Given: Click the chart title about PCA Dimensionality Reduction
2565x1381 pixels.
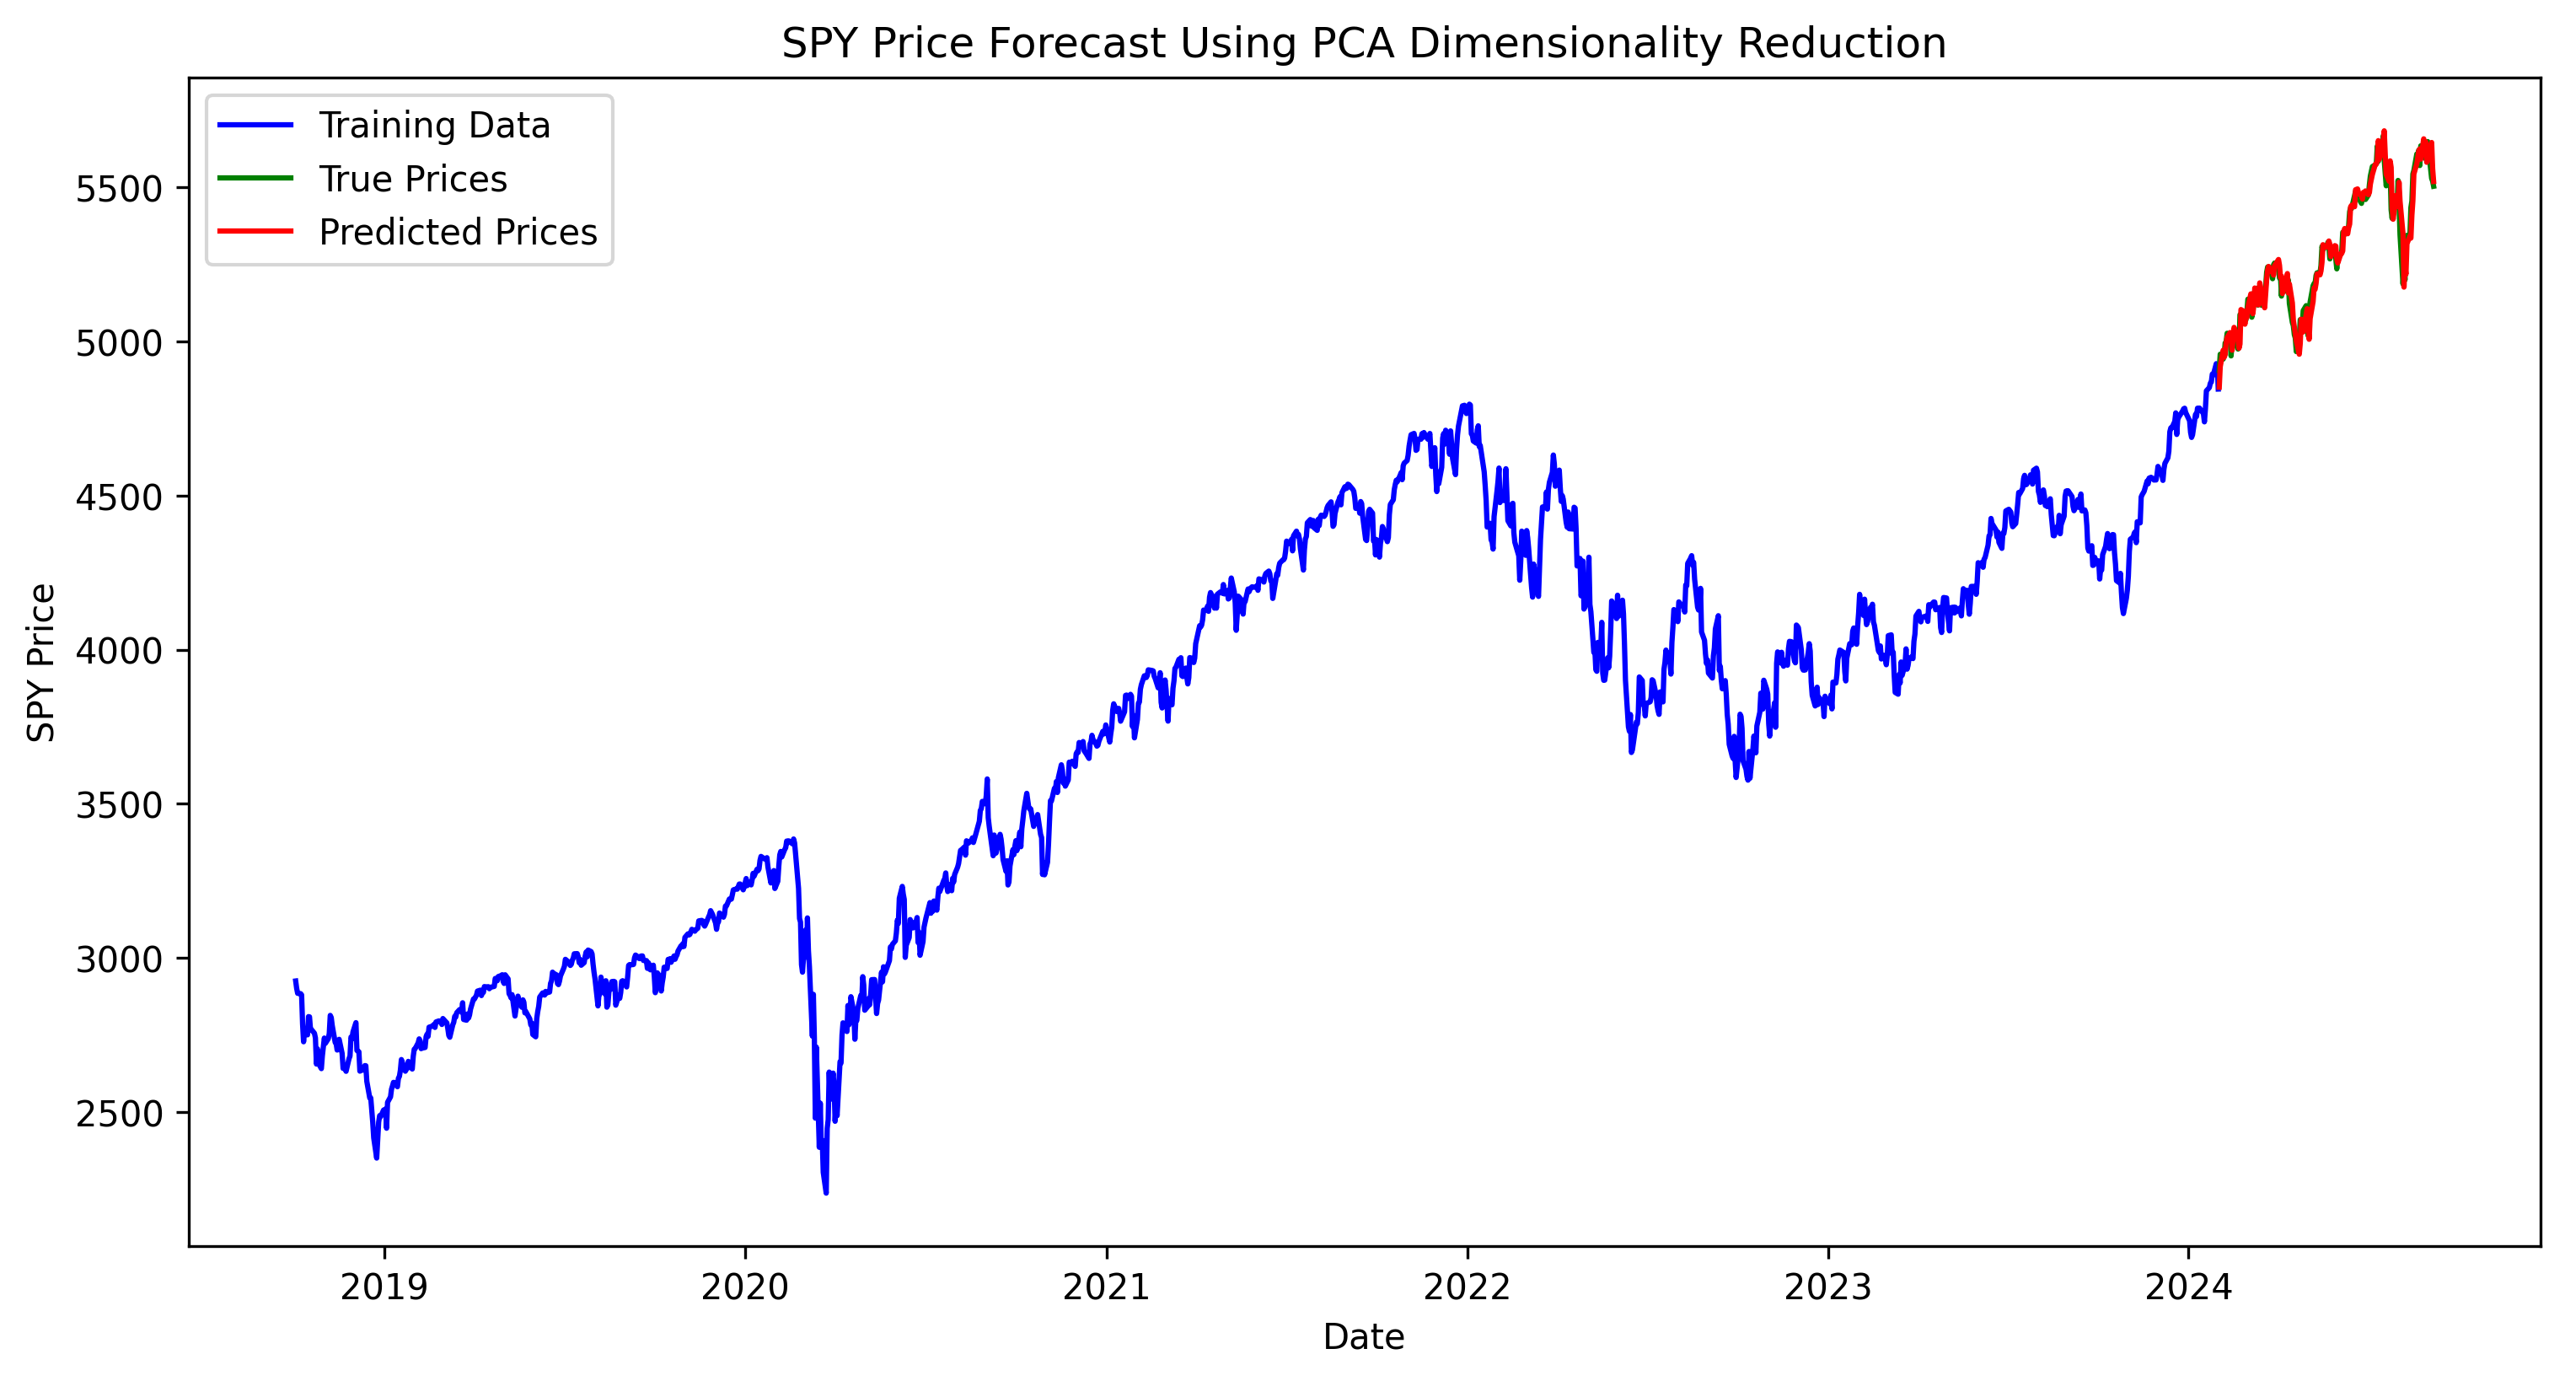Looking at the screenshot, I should tap(1363, 44).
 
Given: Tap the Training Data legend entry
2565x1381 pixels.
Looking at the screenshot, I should tap(433, 126).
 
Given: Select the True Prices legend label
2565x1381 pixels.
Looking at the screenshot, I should tap(412, 180).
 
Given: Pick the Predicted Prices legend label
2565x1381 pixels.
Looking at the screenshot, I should tap(457, 232).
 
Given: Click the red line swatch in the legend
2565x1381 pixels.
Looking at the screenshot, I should tap(256, 232).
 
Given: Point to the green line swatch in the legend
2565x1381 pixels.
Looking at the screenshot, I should tap(256, 178).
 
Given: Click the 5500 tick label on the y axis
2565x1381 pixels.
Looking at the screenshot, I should tap(119, 188).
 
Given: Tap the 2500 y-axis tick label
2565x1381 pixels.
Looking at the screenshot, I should tap(119, 1113).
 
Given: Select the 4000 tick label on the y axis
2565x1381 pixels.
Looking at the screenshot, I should tap(119, 651).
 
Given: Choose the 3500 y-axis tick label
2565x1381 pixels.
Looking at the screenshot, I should tap(119, 804).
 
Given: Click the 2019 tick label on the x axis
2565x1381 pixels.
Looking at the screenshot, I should tap(384, 1287).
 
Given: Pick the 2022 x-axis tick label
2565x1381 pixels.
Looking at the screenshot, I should tap(1467, 1287).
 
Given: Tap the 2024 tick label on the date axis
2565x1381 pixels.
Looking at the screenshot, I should tap(2188, 1287).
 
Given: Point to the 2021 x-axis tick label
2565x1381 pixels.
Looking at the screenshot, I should tap(1106, 1287).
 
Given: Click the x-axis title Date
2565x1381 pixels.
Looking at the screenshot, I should tap(1363, 1337).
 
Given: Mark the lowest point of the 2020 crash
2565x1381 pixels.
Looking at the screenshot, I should tap(825, 1192).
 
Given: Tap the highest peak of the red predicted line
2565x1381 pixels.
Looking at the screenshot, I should tap(2384, 132).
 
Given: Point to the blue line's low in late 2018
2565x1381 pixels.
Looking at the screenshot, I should tap(377, 1157).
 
